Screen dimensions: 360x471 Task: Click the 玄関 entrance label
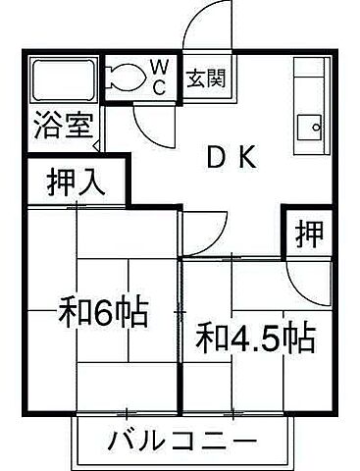(207, 77)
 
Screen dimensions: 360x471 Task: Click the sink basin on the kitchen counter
(314, 127)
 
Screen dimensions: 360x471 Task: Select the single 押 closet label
(309, 234)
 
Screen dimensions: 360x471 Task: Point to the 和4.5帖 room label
(255, 340)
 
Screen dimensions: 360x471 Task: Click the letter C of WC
(159, 85)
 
